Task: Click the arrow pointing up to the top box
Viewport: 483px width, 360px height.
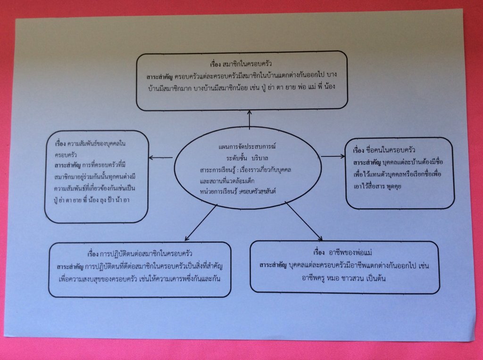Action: click(250, 119)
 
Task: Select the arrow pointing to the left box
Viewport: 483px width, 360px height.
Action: click(161, 157)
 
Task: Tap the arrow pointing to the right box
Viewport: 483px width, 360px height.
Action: click(333, 156)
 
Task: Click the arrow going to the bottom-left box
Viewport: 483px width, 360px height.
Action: click(201, 223)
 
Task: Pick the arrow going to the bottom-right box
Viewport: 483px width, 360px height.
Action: click(304, 221)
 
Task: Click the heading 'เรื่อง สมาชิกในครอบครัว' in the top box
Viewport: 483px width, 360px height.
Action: click(241, 64)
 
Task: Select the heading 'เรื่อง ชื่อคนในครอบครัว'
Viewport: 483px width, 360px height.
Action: click(384, 150)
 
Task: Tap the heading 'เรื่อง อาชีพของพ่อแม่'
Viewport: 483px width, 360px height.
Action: click(343, 253)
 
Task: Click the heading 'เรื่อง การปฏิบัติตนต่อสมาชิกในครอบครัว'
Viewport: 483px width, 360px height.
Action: click(140, 254)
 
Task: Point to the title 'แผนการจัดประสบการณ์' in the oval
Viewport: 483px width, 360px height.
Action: click(247, 147)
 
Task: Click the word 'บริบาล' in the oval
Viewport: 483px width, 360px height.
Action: click(260, 158)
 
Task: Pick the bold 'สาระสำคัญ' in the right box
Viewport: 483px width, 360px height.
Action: click(366, 162)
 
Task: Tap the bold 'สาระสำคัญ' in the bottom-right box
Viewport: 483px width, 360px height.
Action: click(273, 265)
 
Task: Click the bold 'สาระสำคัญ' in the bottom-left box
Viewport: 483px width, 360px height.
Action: click(70, 266)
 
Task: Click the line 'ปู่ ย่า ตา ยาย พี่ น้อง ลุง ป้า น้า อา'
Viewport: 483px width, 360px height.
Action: click(92, 200)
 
